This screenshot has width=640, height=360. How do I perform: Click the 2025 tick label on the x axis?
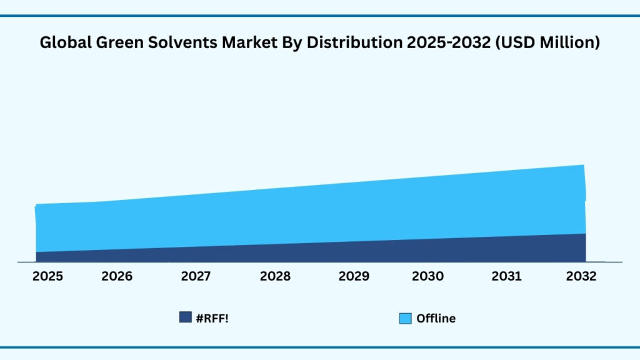coord(47,276)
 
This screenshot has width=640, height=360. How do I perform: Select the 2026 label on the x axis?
coord(117,276)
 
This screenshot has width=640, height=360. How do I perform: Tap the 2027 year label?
coord(196,276)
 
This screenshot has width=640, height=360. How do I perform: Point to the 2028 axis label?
coord(275,276)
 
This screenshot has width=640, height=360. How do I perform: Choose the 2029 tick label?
coord(354,276)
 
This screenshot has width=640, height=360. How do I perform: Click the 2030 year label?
coord(428,276)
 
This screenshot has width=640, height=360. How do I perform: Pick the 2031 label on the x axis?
coord(506,276)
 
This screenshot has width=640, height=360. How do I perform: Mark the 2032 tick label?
coord(581,276)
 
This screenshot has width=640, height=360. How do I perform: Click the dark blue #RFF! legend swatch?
coord(185,317)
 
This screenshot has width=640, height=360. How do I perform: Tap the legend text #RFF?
coord(212,317)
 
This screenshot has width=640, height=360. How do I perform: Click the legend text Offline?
coord(436,319)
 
